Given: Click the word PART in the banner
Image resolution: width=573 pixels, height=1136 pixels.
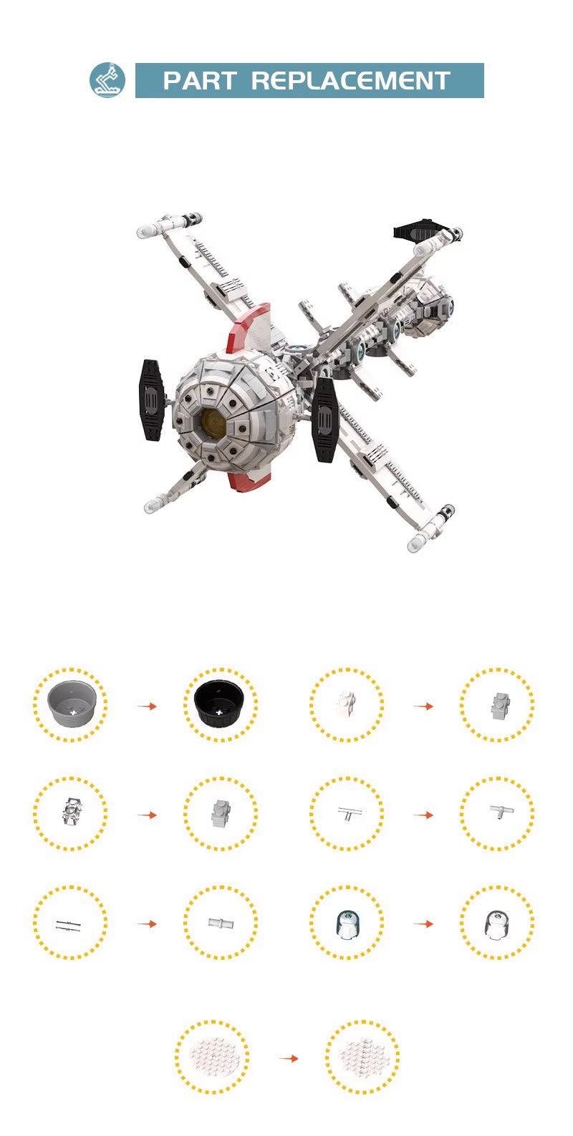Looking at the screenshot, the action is pyautogui.click(x=199, y=81).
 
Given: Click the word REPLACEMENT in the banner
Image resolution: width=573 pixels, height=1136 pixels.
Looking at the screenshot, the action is pyautogui.click(x=351, y=81).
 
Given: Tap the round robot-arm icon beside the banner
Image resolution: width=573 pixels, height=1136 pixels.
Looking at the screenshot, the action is pyautogui.click(x=107, y=80).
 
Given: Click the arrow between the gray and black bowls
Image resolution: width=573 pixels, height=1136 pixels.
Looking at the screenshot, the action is pyautogui.click(x=147, y=706).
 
